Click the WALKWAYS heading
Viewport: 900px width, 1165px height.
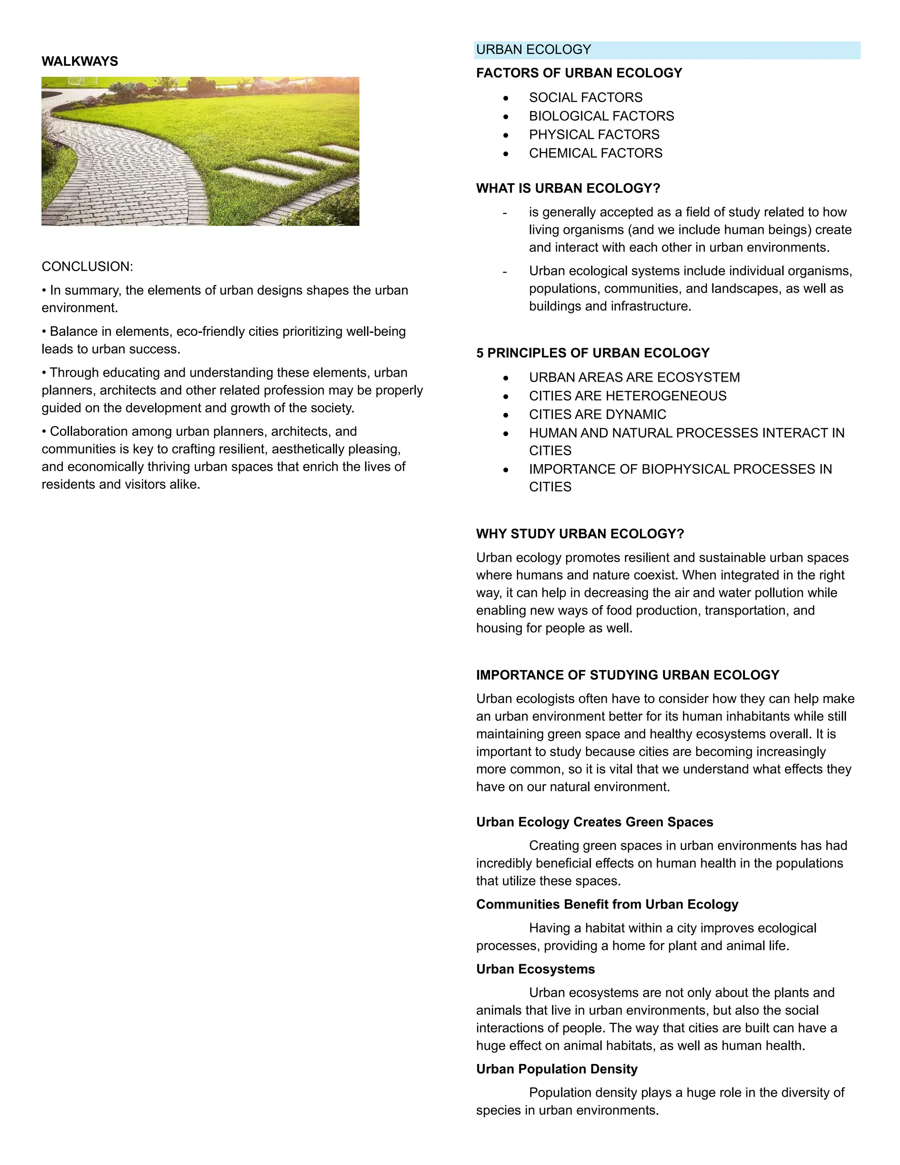(x=80, y=62)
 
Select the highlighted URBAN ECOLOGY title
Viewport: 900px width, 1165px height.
(x=533, y=50)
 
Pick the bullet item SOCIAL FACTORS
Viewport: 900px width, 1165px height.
(x=585, y=98)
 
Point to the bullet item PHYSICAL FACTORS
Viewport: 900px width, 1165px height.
(x=594, y=135)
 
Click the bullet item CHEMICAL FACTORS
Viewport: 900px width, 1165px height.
(x=595, y=153)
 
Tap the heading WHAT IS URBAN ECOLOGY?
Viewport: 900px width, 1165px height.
(x=568, y=188)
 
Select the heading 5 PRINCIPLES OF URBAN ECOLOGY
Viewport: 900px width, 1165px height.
(x=592, y=353)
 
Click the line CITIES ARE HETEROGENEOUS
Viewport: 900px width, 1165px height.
(x=627, y=396)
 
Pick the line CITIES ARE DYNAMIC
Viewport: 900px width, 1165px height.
(x=597, y=415)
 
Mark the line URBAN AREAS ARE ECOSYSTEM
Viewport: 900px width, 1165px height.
(x=634, y=378)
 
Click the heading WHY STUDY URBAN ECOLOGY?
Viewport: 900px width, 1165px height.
(x=580, y=534)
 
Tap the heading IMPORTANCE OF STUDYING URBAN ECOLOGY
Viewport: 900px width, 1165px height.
(x=627, y=675)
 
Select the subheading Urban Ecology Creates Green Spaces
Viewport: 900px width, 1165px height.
(x=594, y=822)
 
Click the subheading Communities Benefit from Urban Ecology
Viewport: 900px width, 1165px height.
(x=607, y=904)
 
